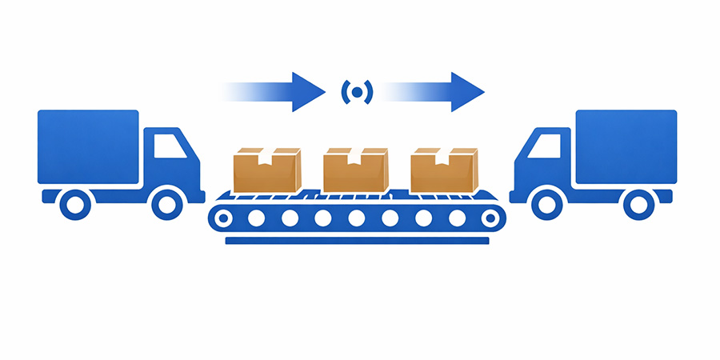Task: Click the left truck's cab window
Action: click(x=168, y=146)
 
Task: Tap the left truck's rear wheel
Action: click(x=76, y=204)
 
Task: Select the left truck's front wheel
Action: click(x=166, y=204)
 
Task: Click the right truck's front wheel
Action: click(x=548, y=204)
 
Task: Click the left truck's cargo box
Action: click(x=88, y=146)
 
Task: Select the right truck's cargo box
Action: click(x=626, y=146)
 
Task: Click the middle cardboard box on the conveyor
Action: click(x=355, y=170)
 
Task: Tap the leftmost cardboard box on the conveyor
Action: click(x=266, y=170)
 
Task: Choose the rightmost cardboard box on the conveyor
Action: click(x=443, y=170)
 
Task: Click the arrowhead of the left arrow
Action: click(x=307, y=91)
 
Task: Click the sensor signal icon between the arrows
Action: click(x=357, y=91)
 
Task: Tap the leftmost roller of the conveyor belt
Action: click(x=223, y=218)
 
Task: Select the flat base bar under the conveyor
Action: click(x=357, y=241)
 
